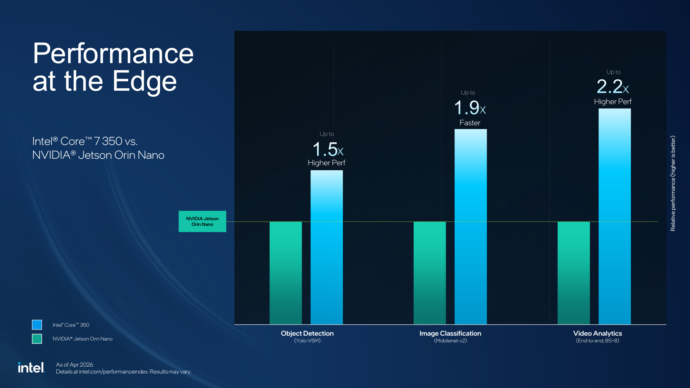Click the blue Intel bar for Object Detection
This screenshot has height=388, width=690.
click(x=326, y=247)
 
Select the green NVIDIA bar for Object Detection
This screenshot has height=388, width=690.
click(x=285, y=272)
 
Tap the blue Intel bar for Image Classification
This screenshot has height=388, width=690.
click(x=470, y=227)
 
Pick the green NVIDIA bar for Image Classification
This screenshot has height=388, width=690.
click(x=430, y=272)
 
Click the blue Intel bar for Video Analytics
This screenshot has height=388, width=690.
click(x=614, y=216)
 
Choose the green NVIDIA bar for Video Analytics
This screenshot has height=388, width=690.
click(x=573, y=272)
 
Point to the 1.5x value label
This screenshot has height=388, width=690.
click(x=328, y=149)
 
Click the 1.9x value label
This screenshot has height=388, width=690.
click(x=470, y=108)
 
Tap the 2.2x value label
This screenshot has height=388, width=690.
click(x=612, y=87)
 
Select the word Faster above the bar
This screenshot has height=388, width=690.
click(x=470, y=123)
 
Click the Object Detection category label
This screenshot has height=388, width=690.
click(x=307, y=333)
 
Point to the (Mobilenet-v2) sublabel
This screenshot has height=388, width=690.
click(x=450, y=341)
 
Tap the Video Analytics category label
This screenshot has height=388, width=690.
click(x=597, y=333)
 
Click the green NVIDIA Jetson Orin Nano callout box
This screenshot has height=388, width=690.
click(x=202, y=221)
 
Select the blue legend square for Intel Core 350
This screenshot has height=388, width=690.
click(x=37, y=325)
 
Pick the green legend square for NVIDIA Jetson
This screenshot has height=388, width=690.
click(x=37, y=339)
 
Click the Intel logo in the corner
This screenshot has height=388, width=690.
click(x=31, y=368)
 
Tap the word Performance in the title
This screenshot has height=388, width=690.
click(x=113, y=53)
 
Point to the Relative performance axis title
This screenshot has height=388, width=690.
click(x=673, y=183)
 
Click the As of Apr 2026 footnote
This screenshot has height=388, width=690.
click(x=75, y=365)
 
